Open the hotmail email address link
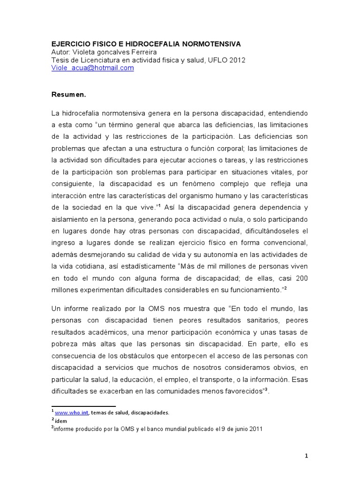[92, 67]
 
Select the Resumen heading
[69, 94]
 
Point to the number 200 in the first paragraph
[301, 277]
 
